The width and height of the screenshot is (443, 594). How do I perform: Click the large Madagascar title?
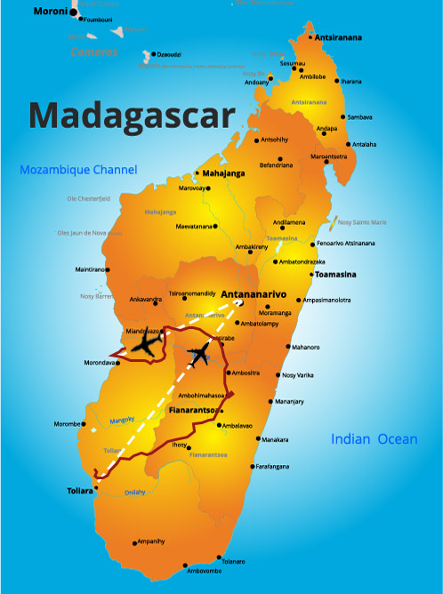click(132, 115)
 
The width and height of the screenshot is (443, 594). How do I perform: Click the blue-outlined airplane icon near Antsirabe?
click(199, 357)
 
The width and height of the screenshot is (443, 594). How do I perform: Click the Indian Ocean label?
click(374, 438)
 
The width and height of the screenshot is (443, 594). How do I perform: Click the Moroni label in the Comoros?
click(50, 11)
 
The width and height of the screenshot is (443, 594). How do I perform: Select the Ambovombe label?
click(205, 571)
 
